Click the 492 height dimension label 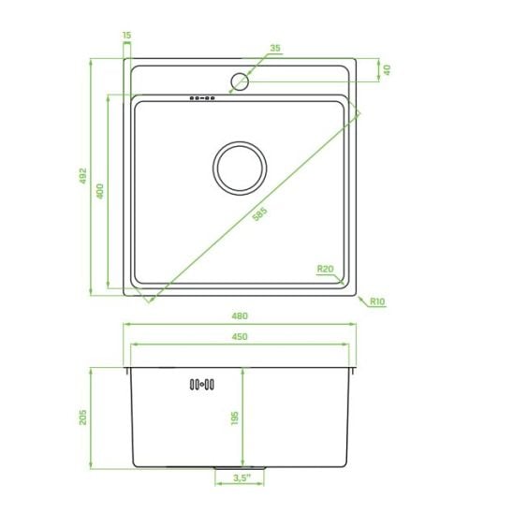[x=83, y=176]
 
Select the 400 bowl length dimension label [x=100, y=191]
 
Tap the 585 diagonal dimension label [x=260, y=214]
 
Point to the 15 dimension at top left [x=127, y=35]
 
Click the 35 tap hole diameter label [x=275, y=48]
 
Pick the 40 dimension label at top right [x=387, y=69]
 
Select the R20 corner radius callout [x=325, y=269]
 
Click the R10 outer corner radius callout [x=377, y=301]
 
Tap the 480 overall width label [x=240, y=316]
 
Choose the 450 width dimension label [x=240, y=337]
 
